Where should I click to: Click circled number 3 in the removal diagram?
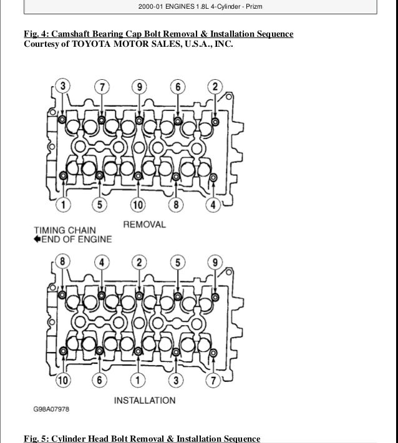(62, 86)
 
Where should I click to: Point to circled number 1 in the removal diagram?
(62, 203)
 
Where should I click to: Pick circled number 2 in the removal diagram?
(215, 86)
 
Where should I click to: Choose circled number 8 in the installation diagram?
(62, 261)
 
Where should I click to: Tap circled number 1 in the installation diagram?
(138, 379)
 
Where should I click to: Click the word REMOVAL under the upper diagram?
(145, 223)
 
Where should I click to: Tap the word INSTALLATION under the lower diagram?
(145, 400)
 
